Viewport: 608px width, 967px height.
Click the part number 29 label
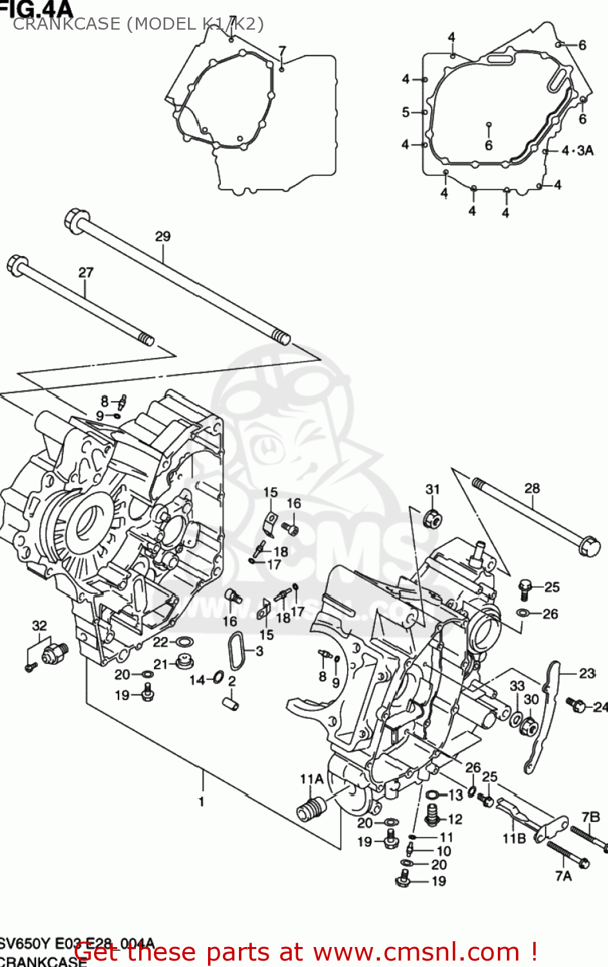click(x=162, y=236)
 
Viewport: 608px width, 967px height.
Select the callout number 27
click(x=86, y=273)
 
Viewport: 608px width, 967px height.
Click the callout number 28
click(x=531, y=488)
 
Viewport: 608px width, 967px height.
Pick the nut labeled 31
click(x=432, y=518)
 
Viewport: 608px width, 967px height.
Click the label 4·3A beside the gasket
click(x=577, y=150)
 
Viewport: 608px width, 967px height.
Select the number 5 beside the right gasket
click(x=406, y=112)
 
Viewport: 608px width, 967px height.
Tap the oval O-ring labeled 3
click(x=236, y=650)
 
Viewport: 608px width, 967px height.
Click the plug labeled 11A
click(x=311, y=808)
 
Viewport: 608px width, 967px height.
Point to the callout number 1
click(x=202, y=801)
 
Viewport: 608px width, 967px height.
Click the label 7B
click(x=591, y=817)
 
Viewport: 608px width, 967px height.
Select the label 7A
click(x=563, y=875)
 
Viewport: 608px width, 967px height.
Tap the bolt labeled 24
click(x=576, y=705)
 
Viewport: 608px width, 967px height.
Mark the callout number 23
click(x=586, y=673)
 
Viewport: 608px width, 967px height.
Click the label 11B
click(x=514, y=838)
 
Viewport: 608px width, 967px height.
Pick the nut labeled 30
click(x=529, y=727)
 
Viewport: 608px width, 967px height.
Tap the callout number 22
click(x=160, y=641)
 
